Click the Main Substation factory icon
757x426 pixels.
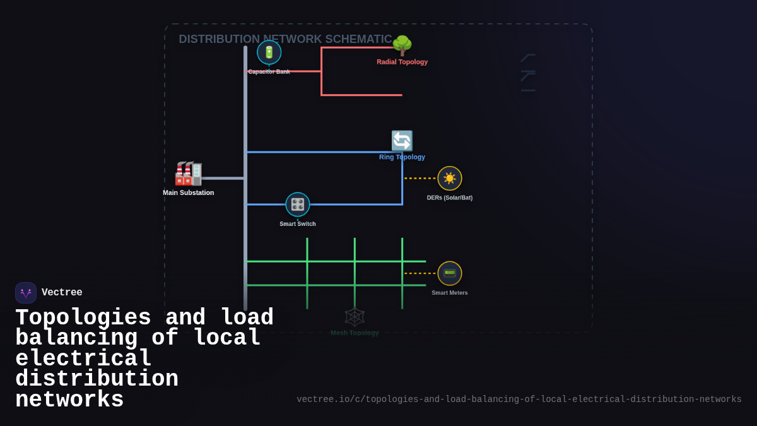188,174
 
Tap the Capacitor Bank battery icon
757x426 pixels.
269,52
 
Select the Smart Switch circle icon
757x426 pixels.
298,204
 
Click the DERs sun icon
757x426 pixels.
450,179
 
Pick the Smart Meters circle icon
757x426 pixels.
450,273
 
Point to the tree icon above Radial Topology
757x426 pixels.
402,45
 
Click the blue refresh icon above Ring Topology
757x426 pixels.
402,141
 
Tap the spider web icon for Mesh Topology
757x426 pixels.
355,317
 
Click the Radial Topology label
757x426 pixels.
402,62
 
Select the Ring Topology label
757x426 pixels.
402,157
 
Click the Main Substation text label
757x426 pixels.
188,192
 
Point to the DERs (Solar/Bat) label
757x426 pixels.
450,198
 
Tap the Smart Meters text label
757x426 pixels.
450,293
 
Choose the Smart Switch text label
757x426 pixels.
298,224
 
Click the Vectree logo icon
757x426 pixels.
26,293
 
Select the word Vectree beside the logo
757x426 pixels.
62,293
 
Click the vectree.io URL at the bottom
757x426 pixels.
519,399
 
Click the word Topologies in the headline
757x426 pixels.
83,317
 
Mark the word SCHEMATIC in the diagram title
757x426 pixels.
358,39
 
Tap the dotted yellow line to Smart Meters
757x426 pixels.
420,273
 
